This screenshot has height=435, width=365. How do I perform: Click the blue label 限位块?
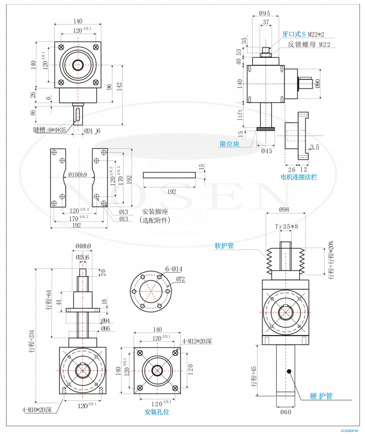pos(229,144)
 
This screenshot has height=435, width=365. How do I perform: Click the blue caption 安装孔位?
pos(157,411)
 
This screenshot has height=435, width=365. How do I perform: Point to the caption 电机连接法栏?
pos(299,177)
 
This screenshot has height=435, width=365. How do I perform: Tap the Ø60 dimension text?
pos(286,412)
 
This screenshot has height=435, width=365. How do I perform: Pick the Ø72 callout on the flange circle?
pos(180,279)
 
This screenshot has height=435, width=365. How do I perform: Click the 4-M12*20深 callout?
pos(197,342)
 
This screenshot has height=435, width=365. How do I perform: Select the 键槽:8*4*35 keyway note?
pos(49,130)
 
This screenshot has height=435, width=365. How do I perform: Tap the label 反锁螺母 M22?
pos(309,44)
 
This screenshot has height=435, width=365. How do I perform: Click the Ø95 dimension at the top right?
pos(266,14)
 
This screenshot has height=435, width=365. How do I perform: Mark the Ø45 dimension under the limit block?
pos(267,151)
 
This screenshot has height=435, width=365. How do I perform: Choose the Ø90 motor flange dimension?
pos(318,83)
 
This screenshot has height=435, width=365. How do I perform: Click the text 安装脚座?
pos(157,211)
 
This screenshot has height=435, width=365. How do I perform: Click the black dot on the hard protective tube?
pos(290,371)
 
